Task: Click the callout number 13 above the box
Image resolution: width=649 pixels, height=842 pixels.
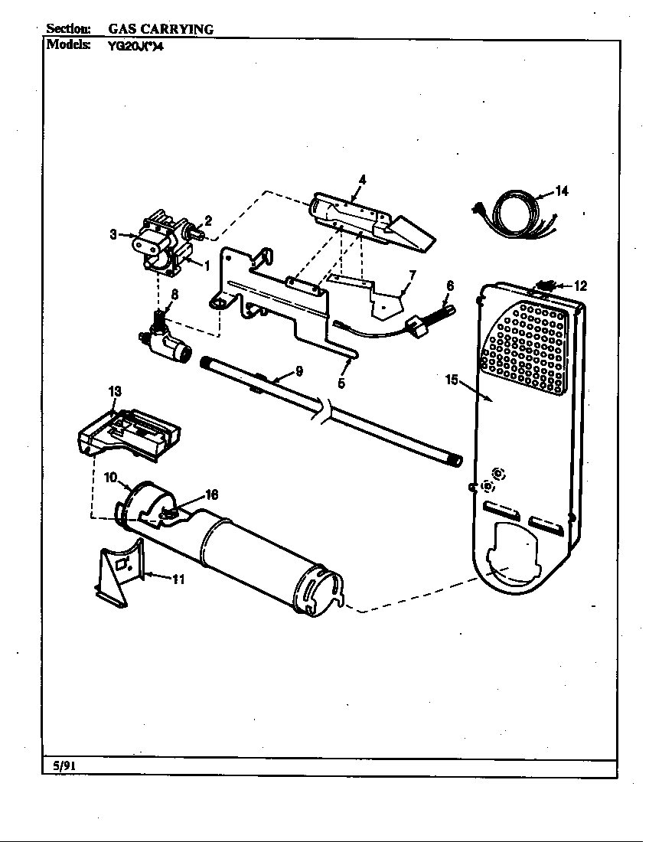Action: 115,391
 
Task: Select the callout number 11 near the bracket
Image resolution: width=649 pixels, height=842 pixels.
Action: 178,579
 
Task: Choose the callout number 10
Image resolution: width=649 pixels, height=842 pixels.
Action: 110,478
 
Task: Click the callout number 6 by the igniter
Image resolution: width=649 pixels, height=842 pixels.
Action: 450,285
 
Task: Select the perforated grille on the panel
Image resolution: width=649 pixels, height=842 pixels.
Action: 528,348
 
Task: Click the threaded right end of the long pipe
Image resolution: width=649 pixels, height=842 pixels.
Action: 456,461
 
